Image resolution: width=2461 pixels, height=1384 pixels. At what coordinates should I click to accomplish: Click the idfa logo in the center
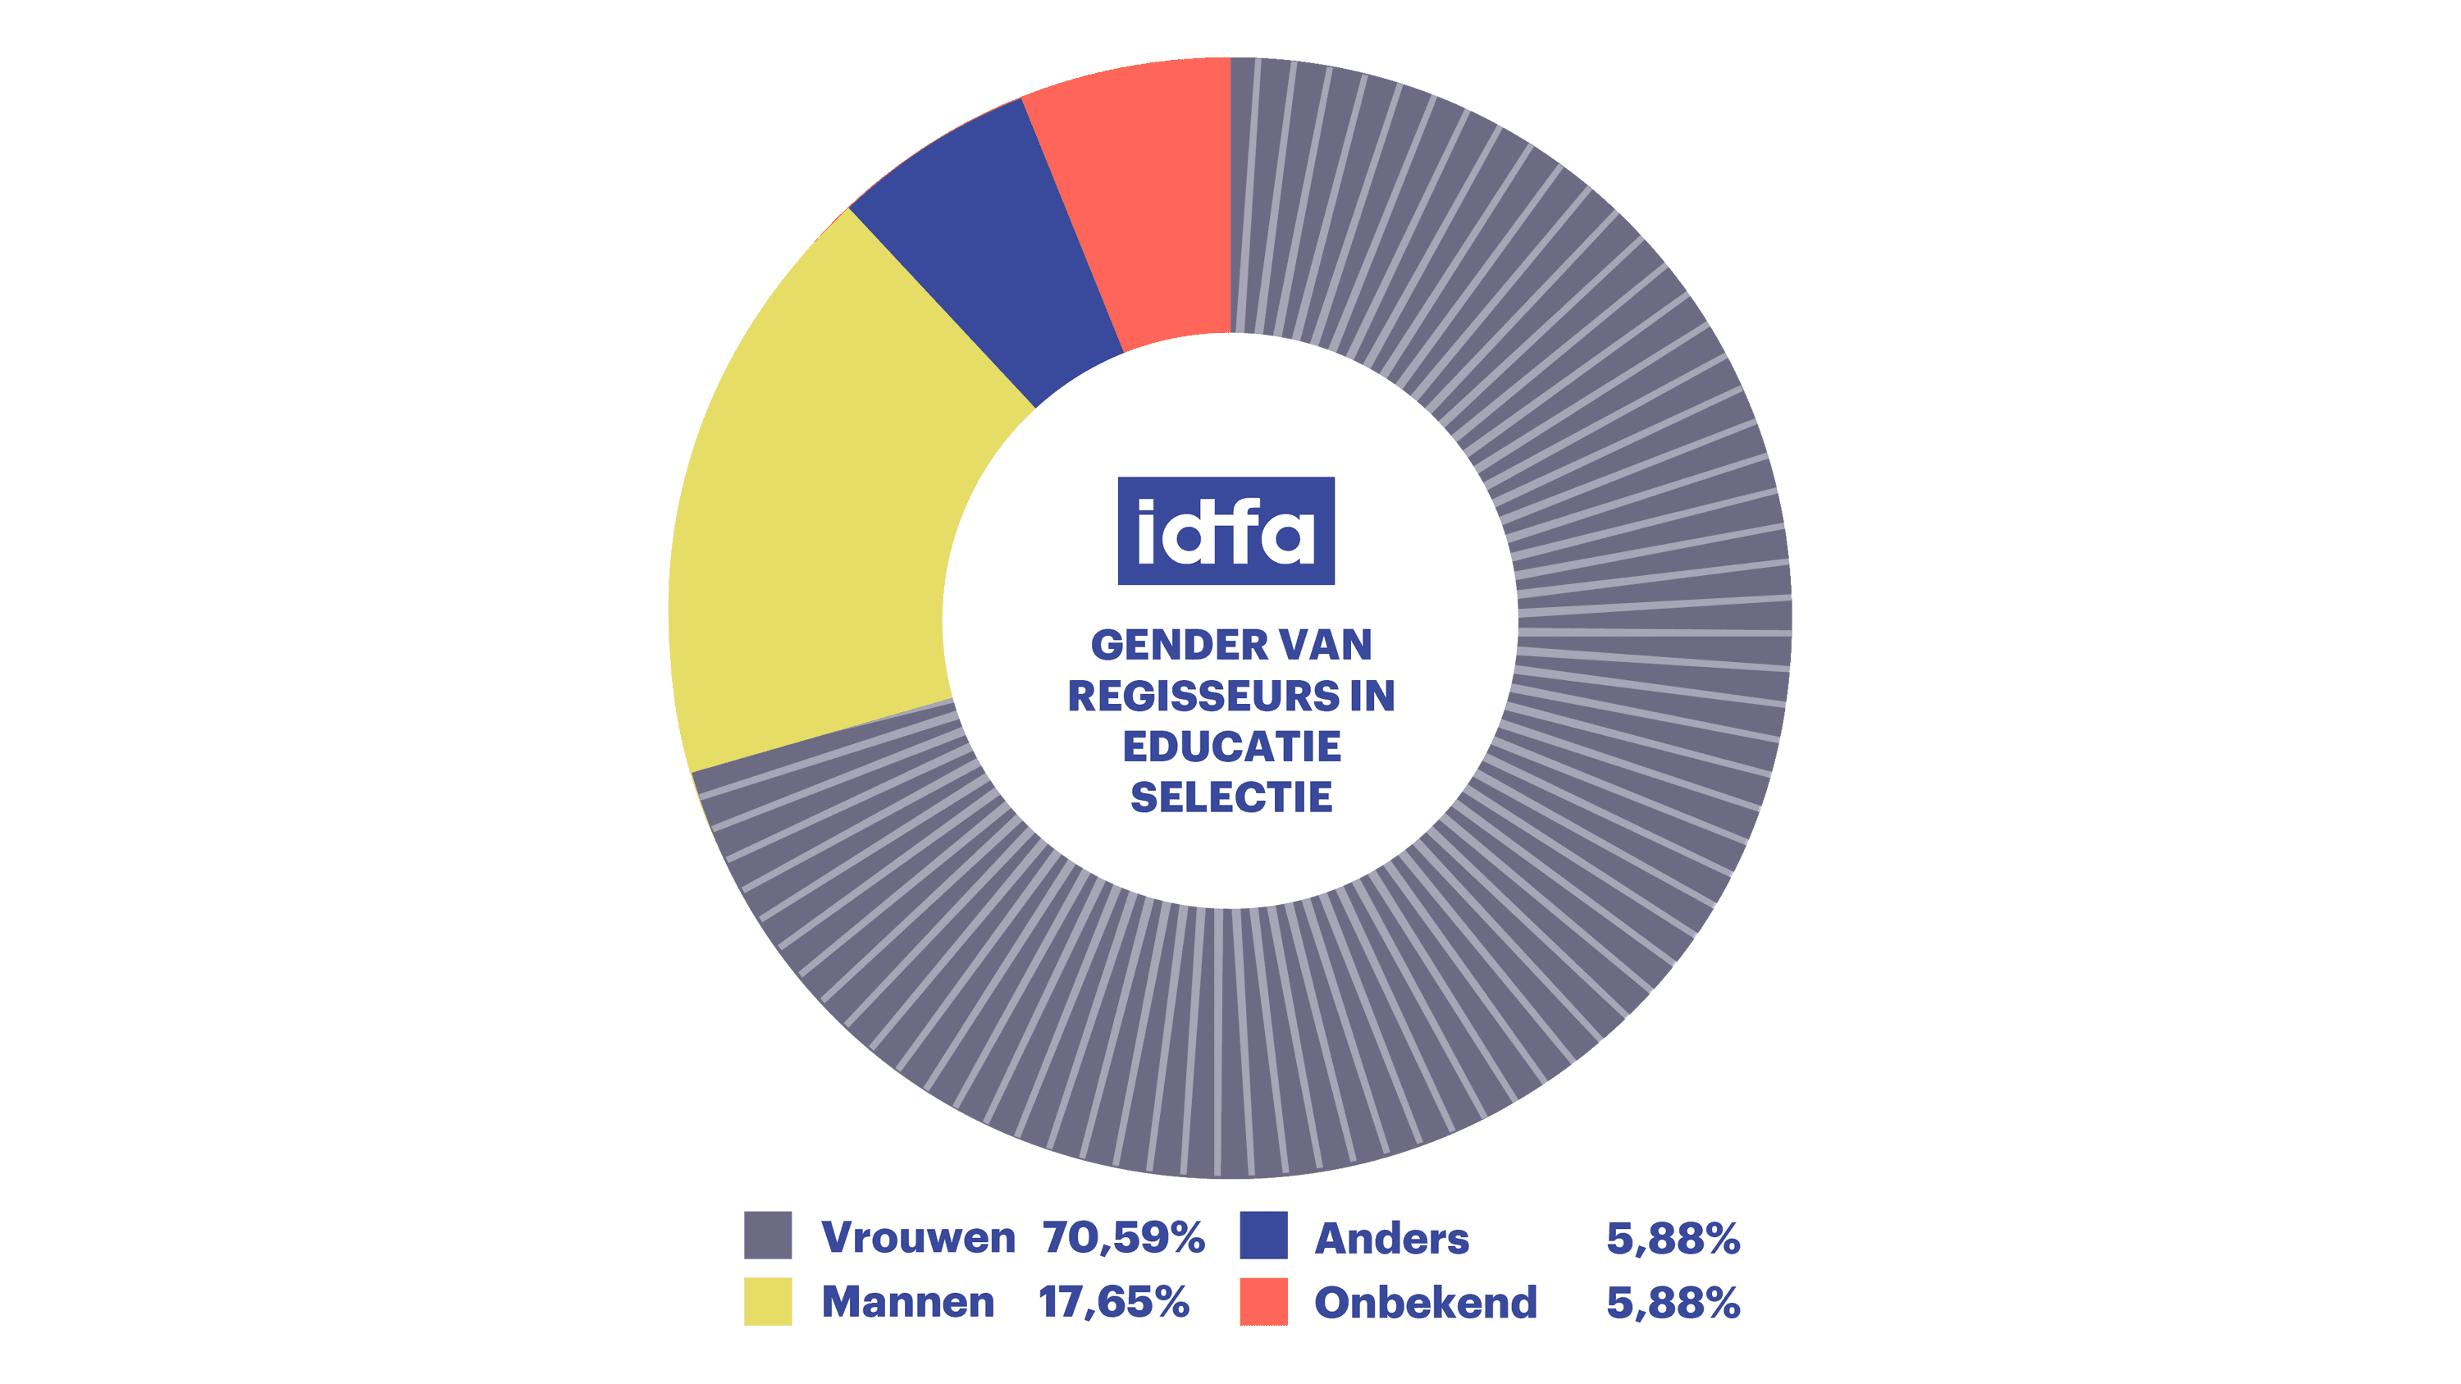click(x=1226, y=531)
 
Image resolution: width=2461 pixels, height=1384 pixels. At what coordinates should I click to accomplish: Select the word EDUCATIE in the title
click(x=1230, y=747)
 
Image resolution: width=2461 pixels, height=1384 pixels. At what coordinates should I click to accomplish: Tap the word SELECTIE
click(x=1230, y=797)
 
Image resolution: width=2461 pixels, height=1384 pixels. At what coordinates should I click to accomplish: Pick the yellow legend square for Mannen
click(x=768, y=1301)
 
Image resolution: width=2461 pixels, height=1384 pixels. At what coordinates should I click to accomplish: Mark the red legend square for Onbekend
click(x=1263, y=1301)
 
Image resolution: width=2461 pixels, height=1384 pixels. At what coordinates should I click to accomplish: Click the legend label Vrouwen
click(x=918, y=1238)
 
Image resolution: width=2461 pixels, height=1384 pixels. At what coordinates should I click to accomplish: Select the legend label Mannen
click(x=907, y=1303)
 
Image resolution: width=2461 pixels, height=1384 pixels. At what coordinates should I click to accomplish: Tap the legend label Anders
click(x=1391, y=1239)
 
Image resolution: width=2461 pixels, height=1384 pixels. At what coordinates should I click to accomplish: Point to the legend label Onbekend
click(x=1426, y=1303)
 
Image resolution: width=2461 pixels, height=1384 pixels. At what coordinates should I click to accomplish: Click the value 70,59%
click(x=1124, y=1238)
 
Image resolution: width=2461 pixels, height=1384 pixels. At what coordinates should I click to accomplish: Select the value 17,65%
click(x=1114, y=1303)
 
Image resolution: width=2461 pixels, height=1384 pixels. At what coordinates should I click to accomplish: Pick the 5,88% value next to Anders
click(x=1673, y=1239)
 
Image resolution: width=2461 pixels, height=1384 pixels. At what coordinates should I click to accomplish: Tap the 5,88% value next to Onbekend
click(x=1673, y=1304)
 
